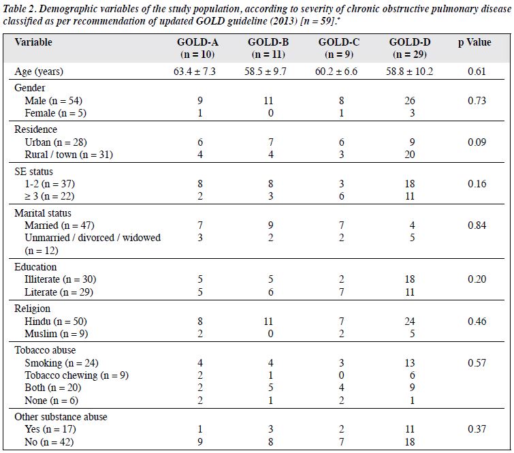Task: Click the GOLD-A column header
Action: tap(197, 48)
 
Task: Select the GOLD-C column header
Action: tap(339, 48)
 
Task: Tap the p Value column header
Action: tap(475, 42)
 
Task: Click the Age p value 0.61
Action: tap(477, 72)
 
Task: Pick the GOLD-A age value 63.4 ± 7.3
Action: tap(195, 72)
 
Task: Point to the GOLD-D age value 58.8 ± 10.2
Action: tap(409, 72)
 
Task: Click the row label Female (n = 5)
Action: tap(55, 113)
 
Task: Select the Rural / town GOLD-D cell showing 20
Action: tap(410, 155)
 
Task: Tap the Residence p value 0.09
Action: tap(477, 142)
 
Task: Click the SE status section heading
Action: tap(33, 172)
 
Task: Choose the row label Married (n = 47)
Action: tap(59, 225)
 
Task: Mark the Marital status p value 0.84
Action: tap(477, 225)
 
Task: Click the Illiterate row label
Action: tap(61, 279)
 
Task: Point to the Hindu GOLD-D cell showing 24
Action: tap(410, 321)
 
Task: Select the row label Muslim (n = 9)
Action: tap(56, 334)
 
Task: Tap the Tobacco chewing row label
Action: tap(76, 375)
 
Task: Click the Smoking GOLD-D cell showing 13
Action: tap(410, 363)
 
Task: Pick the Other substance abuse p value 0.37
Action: tap(477, 429)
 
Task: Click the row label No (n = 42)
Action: tap(49, 442)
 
